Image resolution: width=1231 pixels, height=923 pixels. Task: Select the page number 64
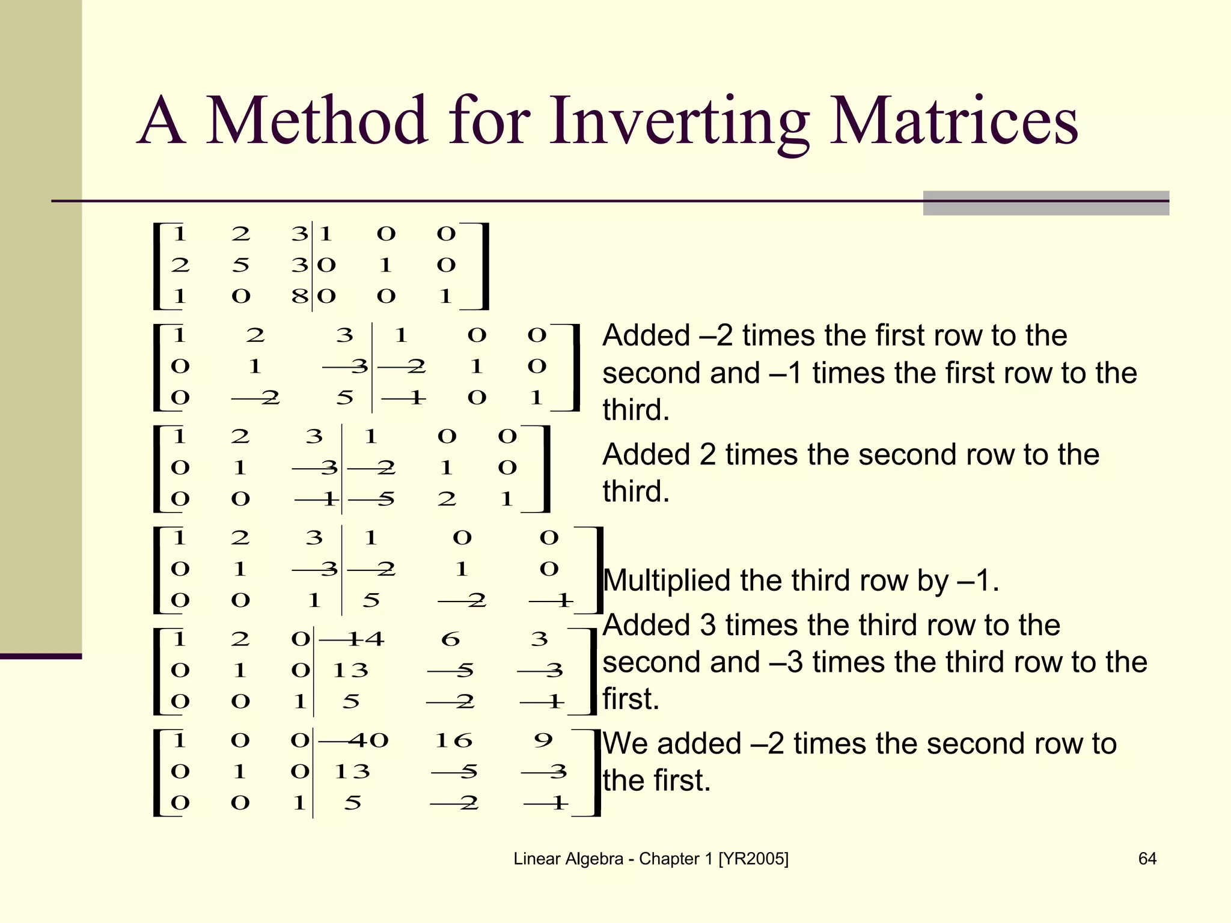(1147, 859)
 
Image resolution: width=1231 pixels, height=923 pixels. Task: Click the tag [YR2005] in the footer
(753, 859)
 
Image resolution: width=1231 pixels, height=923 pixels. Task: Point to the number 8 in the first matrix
(299, 296)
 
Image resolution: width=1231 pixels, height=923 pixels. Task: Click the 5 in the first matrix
(240, 264)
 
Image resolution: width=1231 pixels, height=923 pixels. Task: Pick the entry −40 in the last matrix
(355, 740)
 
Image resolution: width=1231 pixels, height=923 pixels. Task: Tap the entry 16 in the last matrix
(454, 740)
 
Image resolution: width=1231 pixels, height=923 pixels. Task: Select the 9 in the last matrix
(543, 740)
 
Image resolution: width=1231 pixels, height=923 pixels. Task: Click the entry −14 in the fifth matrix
(352, 639)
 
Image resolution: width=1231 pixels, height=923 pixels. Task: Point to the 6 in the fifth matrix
(450, 639)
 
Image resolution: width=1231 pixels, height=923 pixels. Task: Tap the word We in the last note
(625, 744)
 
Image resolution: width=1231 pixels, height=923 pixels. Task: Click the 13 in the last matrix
(352, 771)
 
